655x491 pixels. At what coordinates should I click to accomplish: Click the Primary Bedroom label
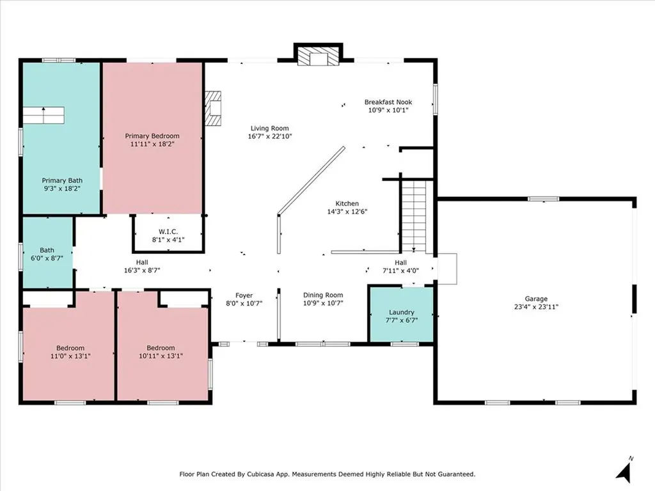pos(152,136)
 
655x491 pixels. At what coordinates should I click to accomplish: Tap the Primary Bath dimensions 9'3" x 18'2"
pos(62,189)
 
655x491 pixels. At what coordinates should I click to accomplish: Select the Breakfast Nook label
pos(388,102)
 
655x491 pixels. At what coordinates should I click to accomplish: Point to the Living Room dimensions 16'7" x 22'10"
pos(270,136)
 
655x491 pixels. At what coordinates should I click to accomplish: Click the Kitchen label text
pos(347,203)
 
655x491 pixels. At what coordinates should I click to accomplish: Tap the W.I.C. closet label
pos(168,231)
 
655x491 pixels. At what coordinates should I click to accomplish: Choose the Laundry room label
pos(402,312)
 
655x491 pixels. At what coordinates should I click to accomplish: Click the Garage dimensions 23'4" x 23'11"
pos(536,307)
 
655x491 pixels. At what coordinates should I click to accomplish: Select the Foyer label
pos(244,295)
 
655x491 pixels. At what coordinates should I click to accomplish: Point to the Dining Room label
pos(323,295)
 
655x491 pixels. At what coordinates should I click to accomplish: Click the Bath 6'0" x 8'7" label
pos(47,254)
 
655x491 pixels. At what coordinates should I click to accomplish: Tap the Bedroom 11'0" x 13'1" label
pos(70,352)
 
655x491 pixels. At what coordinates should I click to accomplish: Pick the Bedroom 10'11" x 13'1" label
pos(161,352)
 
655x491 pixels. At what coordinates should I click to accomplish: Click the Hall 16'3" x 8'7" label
pos(142,267)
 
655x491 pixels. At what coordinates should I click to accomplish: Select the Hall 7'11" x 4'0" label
pos(400,267)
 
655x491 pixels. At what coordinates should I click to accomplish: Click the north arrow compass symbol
pos(624,471)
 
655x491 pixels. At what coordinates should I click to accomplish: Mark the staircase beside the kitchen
pos(414,216)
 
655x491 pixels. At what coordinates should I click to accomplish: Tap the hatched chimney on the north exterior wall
pos(319,56)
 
